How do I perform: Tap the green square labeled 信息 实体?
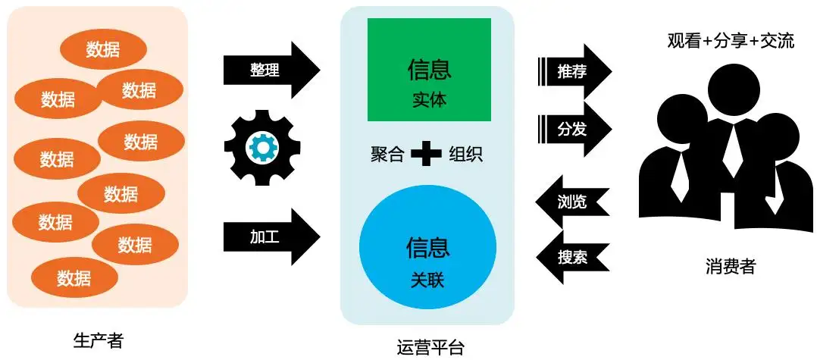tap(429, 70)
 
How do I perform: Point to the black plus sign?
tap(426, 155)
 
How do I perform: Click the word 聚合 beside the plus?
tap(387, 155)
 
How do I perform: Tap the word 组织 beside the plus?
tap(465, 155)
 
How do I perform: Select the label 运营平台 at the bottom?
tap(430, 347)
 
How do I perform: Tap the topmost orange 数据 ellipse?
tap(103, 50)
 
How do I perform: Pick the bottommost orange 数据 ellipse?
tap(74, 278)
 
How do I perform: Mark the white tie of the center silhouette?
tap(731, 148)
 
